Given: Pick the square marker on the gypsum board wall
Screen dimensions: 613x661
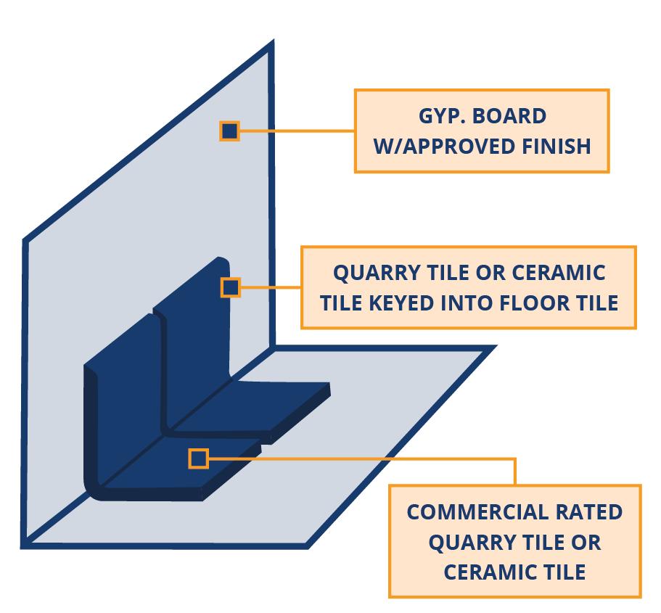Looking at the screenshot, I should pos(229,131).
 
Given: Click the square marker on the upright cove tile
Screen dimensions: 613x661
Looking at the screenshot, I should pos(230,287).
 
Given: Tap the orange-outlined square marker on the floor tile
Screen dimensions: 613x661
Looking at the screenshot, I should pos(198,458).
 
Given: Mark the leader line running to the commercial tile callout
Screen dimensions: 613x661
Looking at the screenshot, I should pos(363,458).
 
